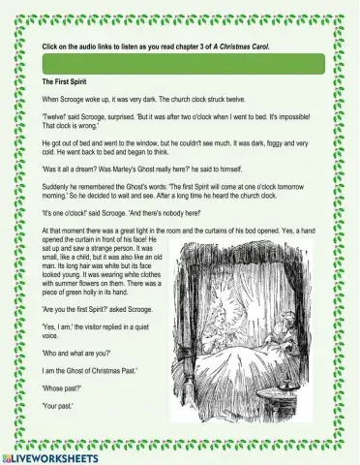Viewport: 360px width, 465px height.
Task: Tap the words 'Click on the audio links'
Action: pyautogui.click(x=81, y=46)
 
